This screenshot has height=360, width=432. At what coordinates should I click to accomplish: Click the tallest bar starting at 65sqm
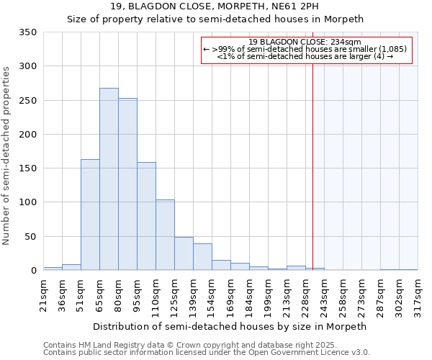pyautogui.click(x=109, y=179)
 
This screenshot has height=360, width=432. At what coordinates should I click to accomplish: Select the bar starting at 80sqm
pyautogui.click(x=127, y=184)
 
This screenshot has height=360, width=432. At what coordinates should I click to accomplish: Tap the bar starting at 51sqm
pyautogui.click(x=90, y=215)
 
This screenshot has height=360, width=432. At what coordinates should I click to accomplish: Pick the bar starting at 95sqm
pyautogui.click(x=146, y=216)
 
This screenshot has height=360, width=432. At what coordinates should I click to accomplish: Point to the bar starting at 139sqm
pyautogui.click(x=202, y=257)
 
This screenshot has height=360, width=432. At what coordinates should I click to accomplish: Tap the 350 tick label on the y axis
pyautogui.click(x=28, y=32)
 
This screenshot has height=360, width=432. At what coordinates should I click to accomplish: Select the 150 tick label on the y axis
pyautogui.click(x=28, y=168)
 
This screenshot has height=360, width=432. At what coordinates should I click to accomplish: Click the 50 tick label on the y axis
pyautogui.click(x=31, y=236)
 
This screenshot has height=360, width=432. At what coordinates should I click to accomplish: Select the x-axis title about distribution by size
pyautogui.click(x=230, y=326)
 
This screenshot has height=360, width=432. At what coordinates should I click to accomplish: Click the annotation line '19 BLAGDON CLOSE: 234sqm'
pyautogui.click(x=305, y=42)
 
